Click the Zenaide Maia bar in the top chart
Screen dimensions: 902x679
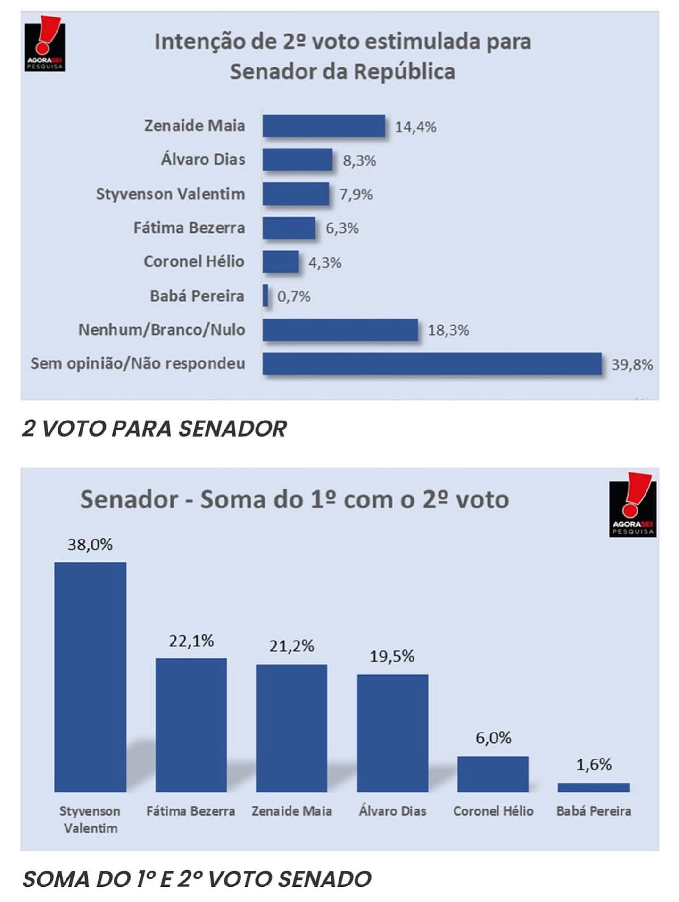pos(323,126)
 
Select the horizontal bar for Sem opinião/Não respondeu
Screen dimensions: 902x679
pos(432,363)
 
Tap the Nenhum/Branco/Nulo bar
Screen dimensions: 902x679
pos(340,329)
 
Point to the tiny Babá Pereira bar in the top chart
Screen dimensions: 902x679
pos(265,296)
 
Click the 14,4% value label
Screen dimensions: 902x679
pos(415,127)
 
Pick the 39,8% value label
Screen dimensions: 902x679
pos(632,364)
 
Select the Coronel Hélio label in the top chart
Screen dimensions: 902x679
pos(194,261)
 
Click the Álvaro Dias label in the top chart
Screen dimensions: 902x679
pos(203,160)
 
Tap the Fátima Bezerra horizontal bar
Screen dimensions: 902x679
pos(289,228)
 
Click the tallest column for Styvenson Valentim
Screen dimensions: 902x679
pos(90,676)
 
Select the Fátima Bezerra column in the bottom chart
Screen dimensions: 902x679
pos(191,725)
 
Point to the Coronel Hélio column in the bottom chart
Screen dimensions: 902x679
pos(493,774)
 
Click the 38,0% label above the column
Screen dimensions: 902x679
pos(90,545)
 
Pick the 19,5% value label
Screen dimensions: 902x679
pos(392,656)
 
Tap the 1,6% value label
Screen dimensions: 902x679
pos(594,764)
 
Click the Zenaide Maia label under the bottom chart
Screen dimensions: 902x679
pos(291,811)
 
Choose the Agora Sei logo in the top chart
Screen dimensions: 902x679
pos(44,44)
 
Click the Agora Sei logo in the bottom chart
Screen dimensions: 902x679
pos(632,505)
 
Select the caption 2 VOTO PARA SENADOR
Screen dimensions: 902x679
pos(154,429)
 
